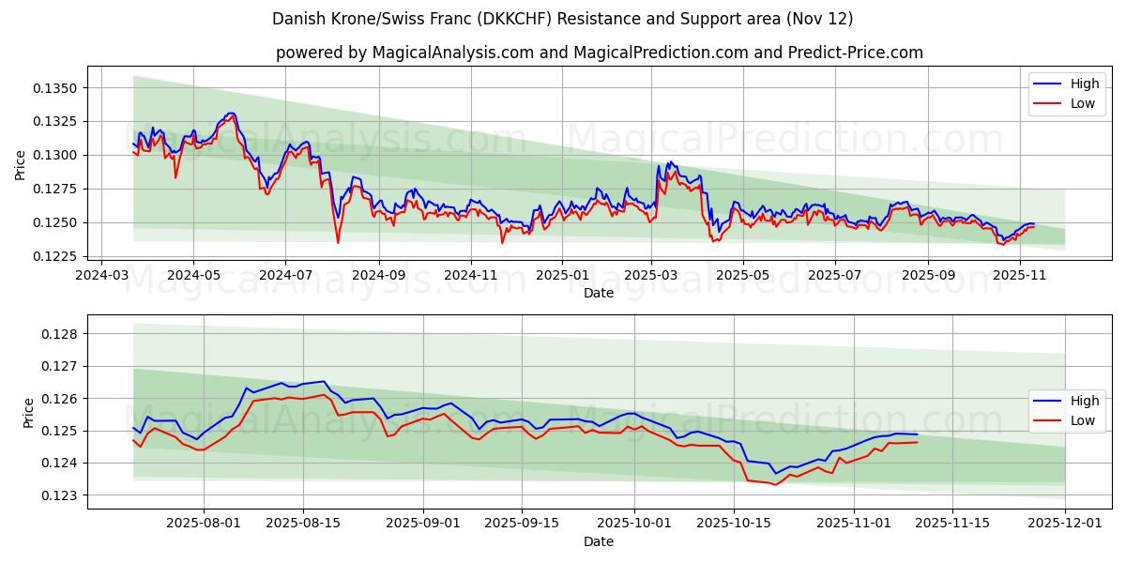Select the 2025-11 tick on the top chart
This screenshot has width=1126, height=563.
1019,275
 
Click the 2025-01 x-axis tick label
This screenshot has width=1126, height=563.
561,275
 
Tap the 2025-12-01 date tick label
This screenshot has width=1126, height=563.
1065,524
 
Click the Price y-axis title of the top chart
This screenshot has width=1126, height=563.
21,165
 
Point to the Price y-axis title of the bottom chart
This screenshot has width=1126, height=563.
27,412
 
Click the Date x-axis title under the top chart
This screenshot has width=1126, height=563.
599,293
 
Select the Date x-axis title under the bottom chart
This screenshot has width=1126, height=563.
599,541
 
